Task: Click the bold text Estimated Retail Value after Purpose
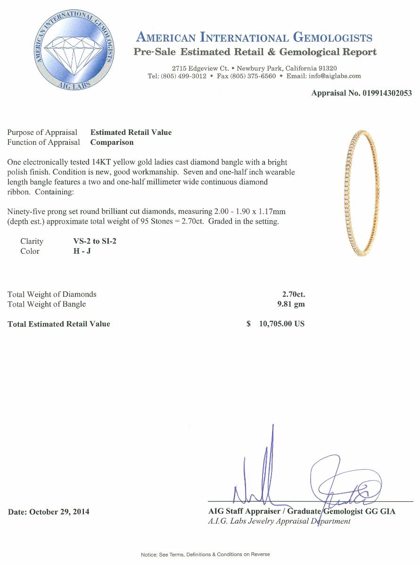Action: [x=131, y=133]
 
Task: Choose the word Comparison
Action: [x=112, y=142]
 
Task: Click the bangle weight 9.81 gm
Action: [x=291, y=304]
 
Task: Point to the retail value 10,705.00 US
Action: [x=282, y=324]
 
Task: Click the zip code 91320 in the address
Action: [x=328, y=68]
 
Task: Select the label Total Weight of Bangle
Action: [x=47, y=304]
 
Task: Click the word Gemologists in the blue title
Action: [x=332, y=38]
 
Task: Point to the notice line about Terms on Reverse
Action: [x=205, y=554]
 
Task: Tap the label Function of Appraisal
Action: [x=44, y=142]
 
